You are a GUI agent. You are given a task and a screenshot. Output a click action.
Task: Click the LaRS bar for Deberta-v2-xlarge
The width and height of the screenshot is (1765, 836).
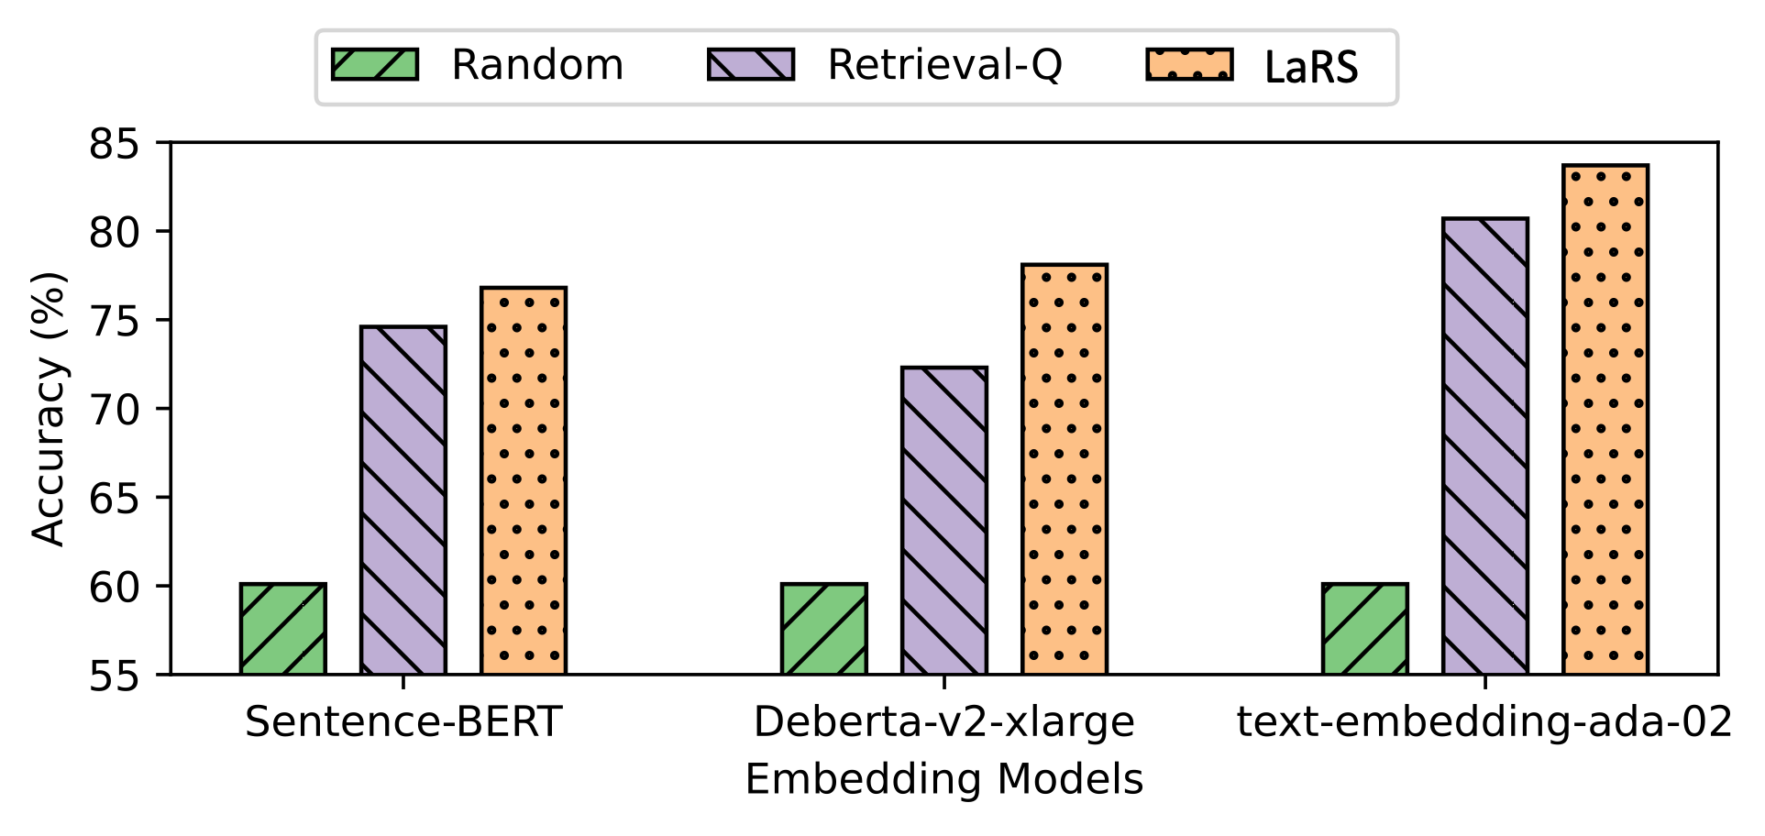pos(1065,469)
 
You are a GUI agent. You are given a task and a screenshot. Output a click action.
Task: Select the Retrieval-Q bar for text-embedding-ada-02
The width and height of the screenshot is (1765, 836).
pos(1485,446)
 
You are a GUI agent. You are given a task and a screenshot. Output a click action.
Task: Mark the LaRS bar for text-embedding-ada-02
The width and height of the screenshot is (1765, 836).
pos(1605,420)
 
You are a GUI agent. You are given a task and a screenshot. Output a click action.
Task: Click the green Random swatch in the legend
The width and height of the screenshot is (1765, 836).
pos(375,65)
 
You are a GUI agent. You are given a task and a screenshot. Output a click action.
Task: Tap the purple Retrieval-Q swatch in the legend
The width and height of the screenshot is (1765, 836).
pos(751,65)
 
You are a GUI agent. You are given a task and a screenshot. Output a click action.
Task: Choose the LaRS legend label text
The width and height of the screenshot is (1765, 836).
pos(1311,67)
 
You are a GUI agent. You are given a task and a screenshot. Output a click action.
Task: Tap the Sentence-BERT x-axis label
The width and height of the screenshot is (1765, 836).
pos(403,722)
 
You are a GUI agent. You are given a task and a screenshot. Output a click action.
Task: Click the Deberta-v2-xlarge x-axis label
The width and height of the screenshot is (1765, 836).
pos(944,722)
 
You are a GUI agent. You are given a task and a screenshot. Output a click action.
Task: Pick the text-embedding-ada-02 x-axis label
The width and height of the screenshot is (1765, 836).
pos(1484,722)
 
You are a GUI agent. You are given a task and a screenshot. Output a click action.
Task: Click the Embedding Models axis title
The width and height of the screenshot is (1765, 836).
pos(944,780)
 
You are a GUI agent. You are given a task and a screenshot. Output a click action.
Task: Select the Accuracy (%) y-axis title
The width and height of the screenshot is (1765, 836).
pos(49,409)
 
